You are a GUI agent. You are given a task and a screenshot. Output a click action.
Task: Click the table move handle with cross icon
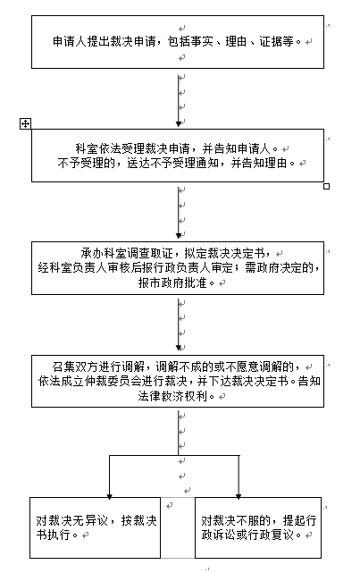point(25,124)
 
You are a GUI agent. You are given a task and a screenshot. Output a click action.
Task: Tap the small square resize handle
point(326,186)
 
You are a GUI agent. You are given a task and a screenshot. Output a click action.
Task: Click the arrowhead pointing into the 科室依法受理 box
point(179,124)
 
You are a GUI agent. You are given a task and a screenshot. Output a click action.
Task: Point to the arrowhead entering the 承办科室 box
point(179,237)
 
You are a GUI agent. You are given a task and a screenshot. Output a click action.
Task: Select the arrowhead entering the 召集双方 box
point(179,350)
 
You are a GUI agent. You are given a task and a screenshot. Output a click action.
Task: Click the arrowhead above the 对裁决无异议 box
point(109,496)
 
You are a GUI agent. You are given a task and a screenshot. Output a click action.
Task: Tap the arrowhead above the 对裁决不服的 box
point(239,496)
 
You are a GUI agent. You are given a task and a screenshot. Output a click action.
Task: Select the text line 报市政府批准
point(176,282)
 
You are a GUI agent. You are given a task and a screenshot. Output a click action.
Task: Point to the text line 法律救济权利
point(176,396)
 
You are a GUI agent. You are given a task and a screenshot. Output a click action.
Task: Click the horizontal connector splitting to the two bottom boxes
point(174,455)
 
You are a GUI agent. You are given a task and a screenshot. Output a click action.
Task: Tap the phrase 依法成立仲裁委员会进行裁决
point(113,381)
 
